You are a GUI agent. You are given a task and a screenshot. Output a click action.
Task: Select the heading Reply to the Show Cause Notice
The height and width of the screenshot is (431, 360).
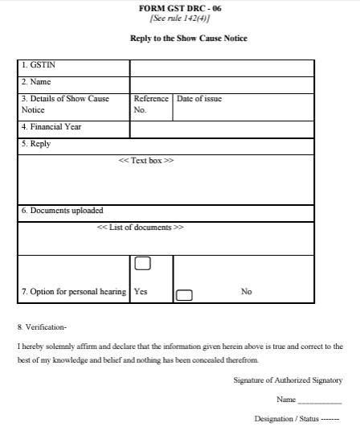[x=189, y=38]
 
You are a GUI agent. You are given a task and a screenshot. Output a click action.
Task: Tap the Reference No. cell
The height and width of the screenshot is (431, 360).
[x=150, y=104]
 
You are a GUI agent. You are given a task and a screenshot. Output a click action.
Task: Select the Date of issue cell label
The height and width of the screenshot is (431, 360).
[x=199, y=99]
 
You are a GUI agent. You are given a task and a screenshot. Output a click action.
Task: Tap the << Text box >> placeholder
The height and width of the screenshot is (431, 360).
[x=146, y=161]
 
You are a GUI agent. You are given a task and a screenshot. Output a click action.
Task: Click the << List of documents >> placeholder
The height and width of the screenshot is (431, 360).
[x=140, y=228]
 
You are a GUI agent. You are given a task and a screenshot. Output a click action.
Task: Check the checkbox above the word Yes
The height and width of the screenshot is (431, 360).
[x=142, y=263]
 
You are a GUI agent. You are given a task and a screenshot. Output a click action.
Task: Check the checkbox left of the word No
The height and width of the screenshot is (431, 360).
[x=184, y=293]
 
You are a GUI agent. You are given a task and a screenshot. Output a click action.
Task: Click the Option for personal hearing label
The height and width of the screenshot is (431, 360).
[x=74, y=292]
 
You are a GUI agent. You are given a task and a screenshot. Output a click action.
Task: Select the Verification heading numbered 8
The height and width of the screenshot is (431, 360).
[x=43, y=328]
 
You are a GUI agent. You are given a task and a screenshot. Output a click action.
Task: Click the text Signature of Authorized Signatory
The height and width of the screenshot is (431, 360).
[x=288, y=380]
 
